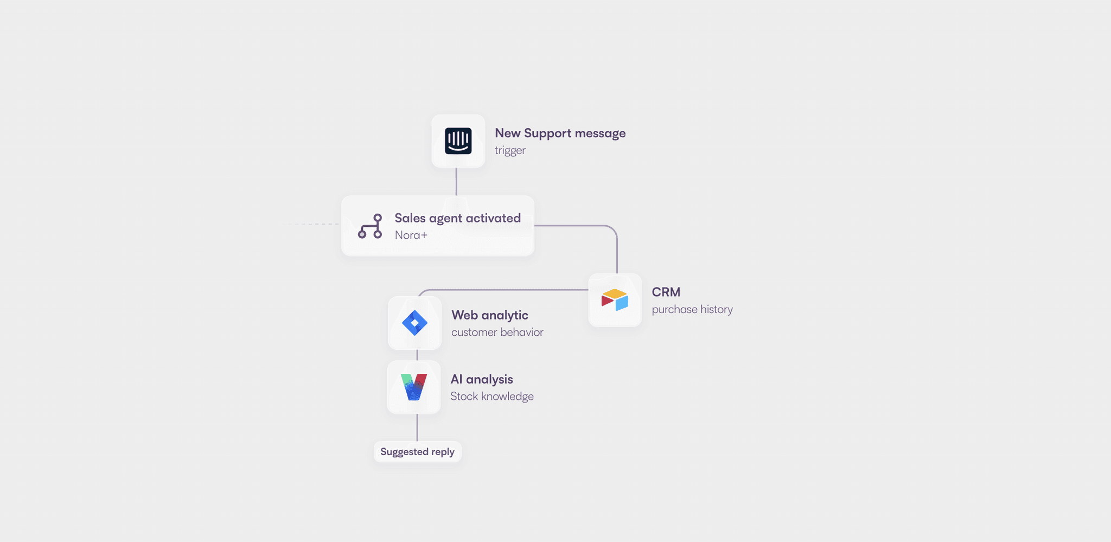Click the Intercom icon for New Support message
[x=458, y=141]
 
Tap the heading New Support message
[x=560, y=133]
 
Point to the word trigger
[x=510, y=150]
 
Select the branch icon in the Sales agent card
[x=370, y=226]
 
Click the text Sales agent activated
[x=457, y=218]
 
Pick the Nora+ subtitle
[x=411, y=235]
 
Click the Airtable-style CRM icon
[x=615, y=300]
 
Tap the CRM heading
[x=666, y=292]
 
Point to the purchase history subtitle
[x=692, y=309]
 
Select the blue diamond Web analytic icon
[x=414, y=323]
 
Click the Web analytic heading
[x=489, y=315]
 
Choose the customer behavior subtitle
[x=497, y=332]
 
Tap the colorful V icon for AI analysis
[x=414, y=387]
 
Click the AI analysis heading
[x=481, y=379]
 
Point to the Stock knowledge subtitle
[x=491, y=396]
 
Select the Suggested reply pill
[x=417, y=452]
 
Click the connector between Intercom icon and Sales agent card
[x=456, y=182]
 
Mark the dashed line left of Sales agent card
[x=312, y=224]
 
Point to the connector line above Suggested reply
[x=417, y=428]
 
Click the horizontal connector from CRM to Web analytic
[x=505, y=290]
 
